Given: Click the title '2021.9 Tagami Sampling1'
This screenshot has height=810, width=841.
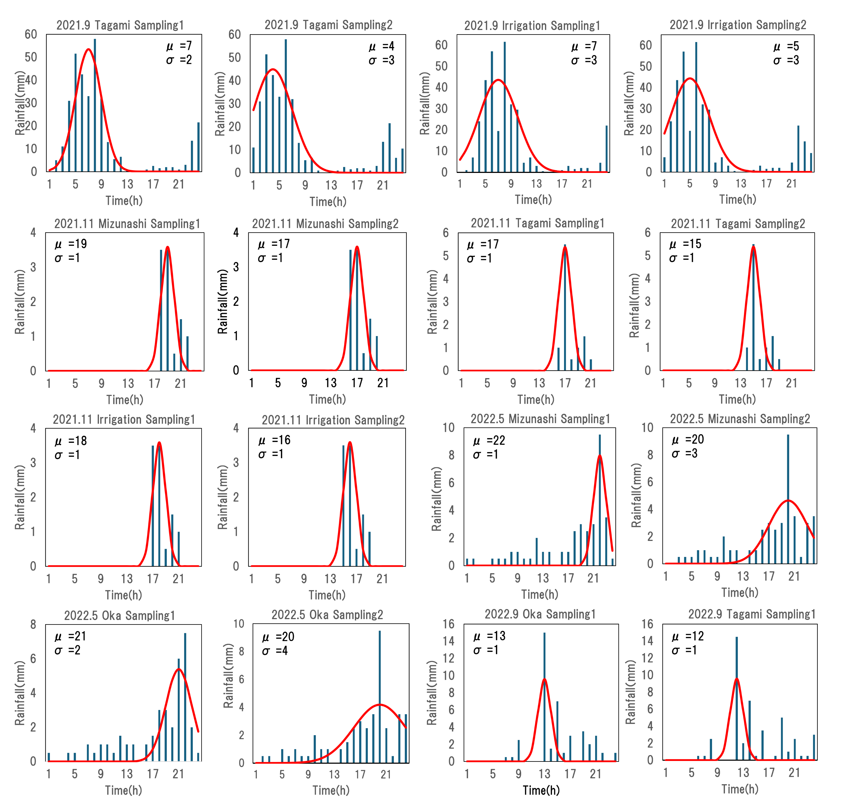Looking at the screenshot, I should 120,25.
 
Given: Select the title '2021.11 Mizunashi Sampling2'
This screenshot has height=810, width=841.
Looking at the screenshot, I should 325,224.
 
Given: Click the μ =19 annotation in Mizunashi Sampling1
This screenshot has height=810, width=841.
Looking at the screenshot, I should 71,244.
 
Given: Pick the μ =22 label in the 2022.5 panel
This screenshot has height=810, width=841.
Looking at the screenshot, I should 489,441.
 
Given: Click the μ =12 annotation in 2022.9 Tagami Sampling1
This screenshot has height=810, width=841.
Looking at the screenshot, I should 688,636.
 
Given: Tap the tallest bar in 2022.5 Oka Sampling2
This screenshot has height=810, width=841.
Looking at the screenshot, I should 380,695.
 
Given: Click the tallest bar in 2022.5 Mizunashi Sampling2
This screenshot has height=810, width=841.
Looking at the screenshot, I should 788,498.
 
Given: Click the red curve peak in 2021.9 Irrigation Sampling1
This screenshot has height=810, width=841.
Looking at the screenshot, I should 498,80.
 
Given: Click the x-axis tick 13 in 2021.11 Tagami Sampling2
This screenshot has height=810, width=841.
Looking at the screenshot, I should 741,383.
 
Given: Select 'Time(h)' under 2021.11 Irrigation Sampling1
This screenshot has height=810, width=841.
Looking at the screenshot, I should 124,595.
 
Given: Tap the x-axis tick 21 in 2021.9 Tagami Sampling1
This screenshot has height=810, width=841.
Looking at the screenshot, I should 179,184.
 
